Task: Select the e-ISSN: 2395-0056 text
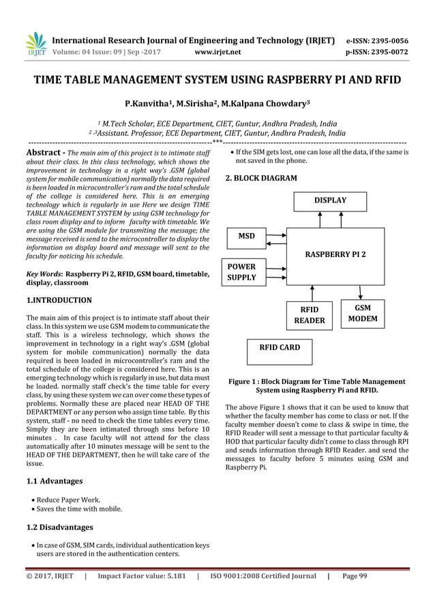click(x=378, y=40)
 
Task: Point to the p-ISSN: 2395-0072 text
click(x=378, y=50)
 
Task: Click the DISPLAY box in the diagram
click(x=330, y=200)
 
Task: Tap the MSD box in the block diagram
click(x=247, y=237)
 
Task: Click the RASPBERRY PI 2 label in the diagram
click(x=335, y=254)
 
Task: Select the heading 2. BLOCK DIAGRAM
click(x=261, y=178)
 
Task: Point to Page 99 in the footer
click(x=355, y=576)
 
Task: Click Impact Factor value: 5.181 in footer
click(x=141, y=576)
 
